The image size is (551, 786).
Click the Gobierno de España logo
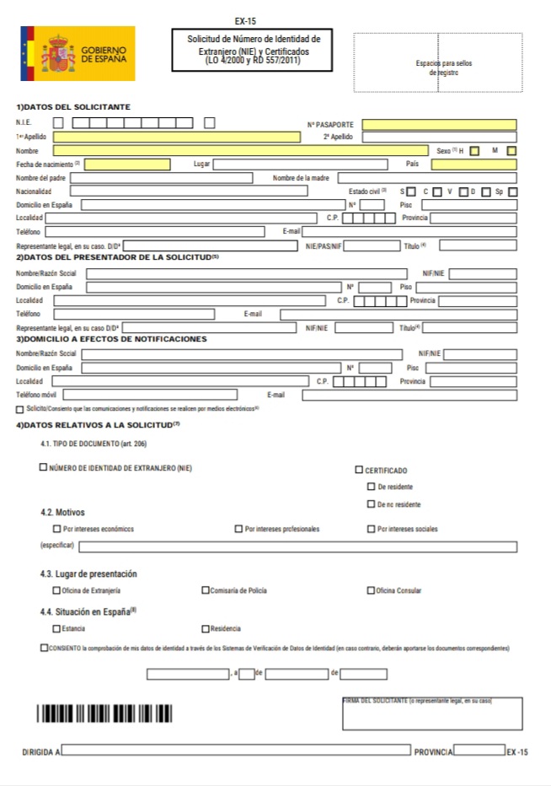click(x=78, y=53)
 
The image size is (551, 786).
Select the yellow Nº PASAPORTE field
click(x=439, y=124)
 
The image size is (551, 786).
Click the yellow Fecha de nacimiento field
click(x=132, y=164)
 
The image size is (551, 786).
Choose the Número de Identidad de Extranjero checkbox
click(x=43, y=467)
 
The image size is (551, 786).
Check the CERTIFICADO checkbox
click(x=359, y=470)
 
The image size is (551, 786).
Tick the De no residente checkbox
click(x=372, y=503)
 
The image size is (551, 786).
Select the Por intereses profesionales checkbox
click(x=239, y=529)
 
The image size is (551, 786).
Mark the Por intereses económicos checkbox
click(x=56, y=529)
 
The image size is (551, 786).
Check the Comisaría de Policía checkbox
click(x=205, y=589)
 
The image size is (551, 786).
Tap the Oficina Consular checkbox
click(x=371, y=589)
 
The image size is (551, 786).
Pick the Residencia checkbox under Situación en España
click(x=205, y=628)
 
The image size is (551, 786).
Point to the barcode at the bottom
click(x=104, y=713)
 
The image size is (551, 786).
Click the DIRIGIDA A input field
click(x=236, y=749)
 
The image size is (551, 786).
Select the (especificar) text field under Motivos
click(x=297, y=546)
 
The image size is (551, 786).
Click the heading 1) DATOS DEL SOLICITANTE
click(x=73, y=106)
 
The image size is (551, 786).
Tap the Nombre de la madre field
click(x=426, y=178)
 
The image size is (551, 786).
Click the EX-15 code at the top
click(x=245, y=21)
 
